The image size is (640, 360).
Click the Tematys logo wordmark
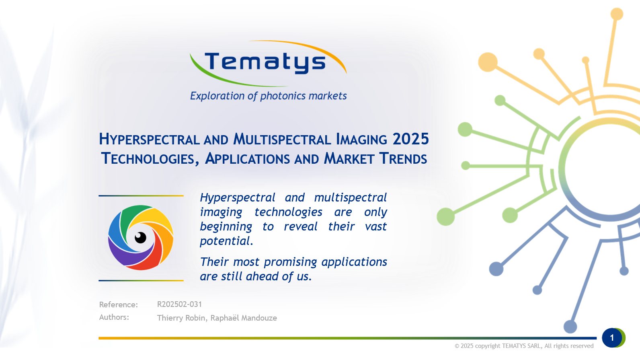(x=265, y=62)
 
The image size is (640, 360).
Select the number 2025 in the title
(x=410, y=139)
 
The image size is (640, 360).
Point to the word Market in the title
(x=349, y=159)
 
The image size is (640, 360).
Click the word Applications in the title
(x=247, y=159)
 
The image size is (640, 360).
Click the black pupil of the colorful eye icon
(x=140, y=238)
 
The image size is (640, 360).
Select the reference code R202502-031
(x=179, y=304)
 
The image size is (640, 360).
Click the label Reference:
(x=118, y=304)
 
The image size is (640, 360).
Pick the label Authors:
(x=114, y=317)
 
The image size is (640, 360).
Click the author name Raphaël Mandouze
(x=244, y=318)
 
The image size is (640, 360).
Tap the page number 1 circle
(x=612, y=338)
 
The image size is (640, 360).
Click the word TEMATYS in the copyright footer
(x=514, y=346)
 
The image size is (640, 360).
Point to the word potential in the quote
(x=226, y=241)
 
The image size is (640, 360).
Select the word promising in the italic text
(x=290, y=262)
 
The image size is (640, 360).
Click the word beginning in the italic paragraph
(x=226, y=227)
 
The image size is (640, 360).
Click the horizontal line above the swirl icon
(x=141, y=196)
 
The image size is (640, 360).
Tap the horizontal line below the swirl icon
(x=141, y=280)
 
